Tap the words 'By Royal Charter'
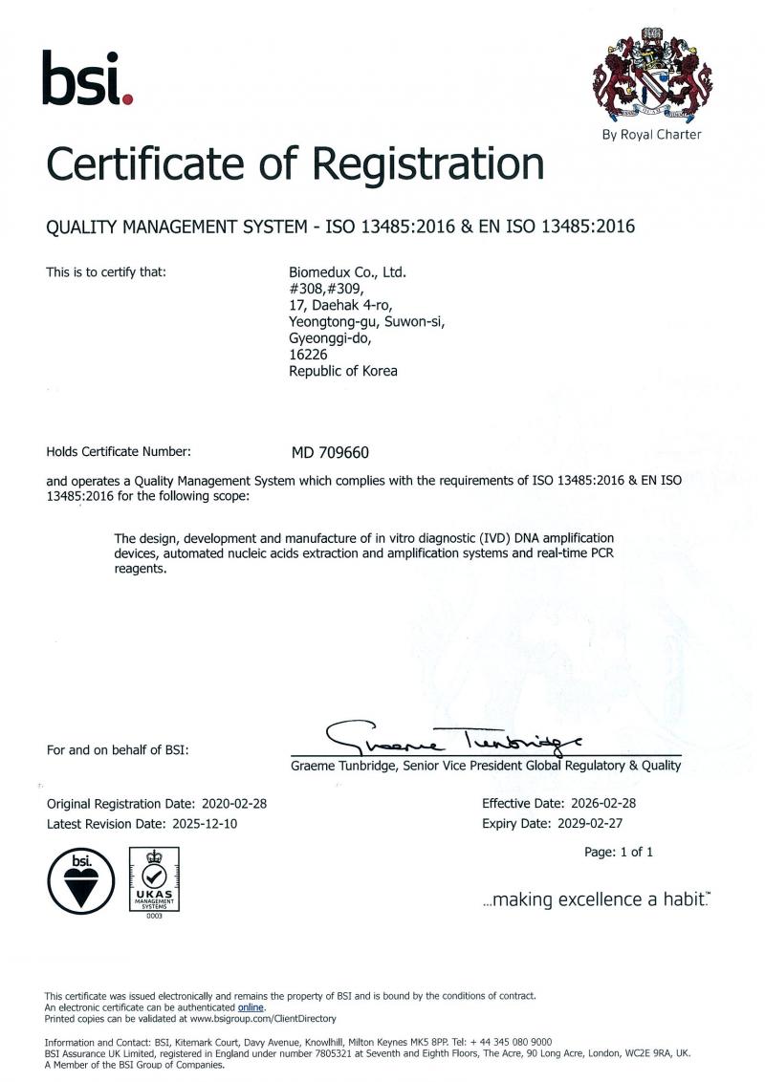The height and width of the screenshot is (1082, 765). pyautogui.click(x=651, y=135)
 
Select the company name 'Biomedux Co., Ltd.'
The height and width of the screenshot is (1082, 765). pyautogui.click(x=348, y=272)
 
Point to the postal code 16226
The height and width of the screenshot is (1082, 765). pyautogui.click(x=308, y=354)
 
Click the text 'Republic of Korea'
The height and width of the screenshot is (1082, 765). pyautogui.click(x=342, y=371)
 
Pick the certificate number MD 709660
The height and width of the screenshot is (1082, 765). pyautogui.click(x=331, y=452)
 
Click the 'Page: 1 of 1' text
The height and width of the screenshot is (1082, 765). pyautogui.click(x=619, y=852)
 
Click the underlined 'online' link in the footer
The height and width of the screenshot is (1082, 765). pyautogui.click(x=251, y=1007)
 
